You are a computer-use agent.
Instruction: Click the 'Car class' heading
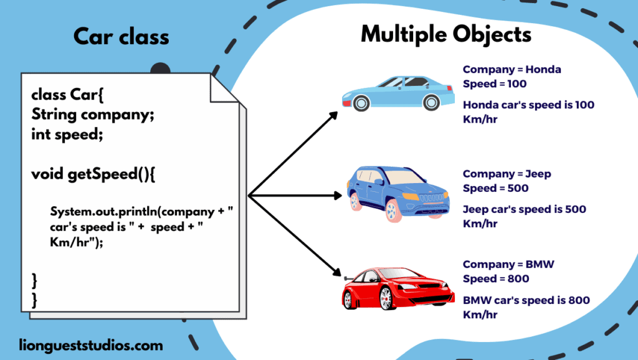[x=121, y=36]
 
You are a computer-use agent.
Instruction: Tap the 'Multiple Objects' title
[x=446, y=34]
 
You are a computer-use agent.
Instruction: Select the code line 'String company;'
[x=92, y=115]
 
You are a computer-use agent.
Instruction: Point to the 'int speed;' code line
[x=67, y=133]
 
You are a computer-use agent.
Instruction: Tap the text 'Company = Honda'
[x=512, y=69]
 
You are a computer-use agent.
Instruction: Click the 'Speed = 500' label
[x=495, y=188]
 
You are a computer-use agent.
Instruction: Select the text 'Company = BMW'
[x=508, y=264]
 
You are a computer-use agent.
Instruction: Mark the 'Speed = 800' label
[x=496, y=278]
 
